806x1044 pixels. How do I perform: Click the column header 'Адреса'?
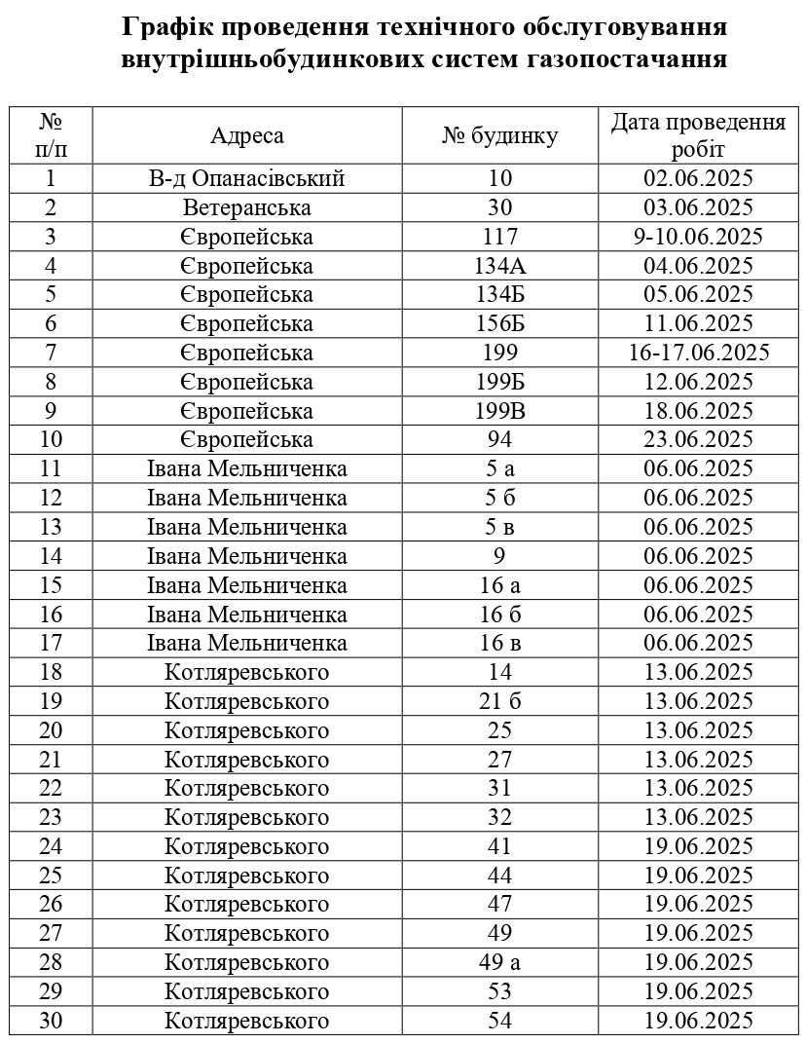[x=247, y=135]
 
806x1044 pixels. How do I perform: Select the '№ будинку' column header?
[x=499, y=135]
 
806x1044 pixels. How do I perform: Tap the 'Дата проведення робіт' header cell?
[x=698, y=135]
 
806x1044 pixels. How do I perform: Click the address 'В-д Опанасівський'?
[x=247, y=179]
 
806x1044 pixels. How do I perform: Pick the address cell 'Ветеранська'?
[x=247, y=208]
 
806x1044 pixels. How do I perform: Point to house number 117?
[x=499, y=238]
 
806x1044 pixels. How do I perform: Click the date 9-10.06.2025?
[x=698, y=238]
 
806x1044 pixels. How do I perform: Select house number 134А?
[x=499, y=267]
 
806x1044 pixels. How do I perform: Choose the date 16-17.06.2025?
[x=698, y=353]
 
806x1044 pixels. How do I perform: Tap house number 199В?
[x=499, y=411]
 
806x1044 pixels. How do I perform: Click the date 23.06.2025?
[x=698, y=440]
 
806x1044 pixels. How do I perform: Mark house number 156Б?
[x=499, y=324]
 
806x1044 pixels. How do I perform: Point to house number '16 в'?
[x=499, y=644]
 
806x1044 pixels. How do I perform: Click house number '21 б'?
[x=499, y=702]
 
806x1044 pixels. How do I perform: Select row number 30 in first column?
[x=51, y=1022]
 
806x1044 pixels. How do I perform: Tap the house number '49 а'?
[x=499, y=963]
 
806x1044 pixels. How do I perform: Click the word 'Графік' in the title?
[x=165, y=26]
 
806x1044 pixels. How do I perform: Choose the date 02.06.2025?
[x=698, y=179]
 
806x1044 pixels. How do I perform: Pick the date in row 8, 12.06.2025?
[x=698, y=382]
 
